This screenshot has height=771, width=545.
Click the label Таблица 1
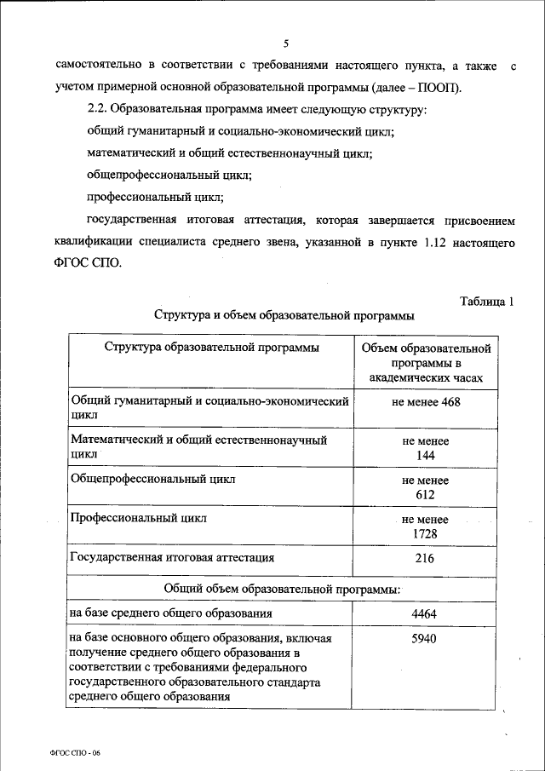[x=486, y=301]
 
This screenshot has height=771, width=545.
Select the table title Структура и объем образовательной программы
[x=284, y=315]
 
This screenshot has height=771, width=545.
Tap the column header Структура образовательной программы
[x=212, y=348]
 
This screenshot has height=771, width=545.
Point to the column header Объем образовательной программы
[x=426, y=361]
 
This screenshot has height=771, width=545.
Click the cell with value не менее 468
[x=426, y=401]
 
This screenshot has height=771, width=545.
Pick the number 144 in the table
[x=426, y=455]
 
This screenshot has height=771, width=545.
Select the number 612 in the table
[x=426, y=495]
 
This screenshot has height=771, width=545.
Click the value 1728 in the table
[x=426, y=532]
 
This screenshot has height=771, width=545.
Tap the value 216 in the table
[x=426, y=559]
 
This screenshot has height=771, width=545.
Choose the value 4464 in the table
[x=426, y=613]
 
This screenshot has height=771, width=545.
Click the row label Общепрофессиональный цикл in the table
[x=153, y=480]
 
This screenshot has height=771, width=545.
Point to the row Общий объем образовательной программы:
[x=284, y=587]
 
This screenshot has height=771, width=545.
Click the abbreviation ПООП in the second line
[x=461, y=89]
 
